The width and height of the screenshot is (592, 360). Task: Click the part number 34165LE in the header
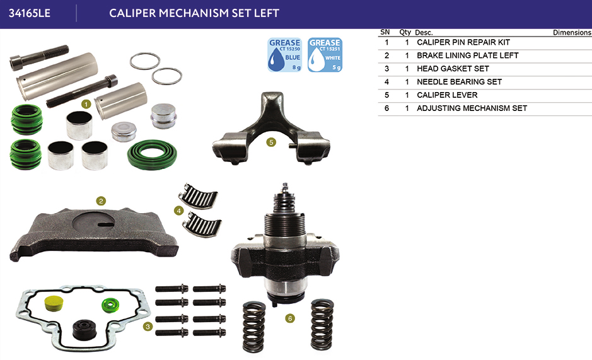tap(30, 13)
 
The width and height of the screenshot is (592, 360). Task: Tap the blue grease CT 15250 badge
tap(285, 55)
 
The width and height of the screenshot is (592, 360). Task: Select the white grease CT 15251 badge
tap(325, 55)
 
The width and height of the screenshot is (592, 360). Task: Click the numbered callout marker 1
tap(86, 104)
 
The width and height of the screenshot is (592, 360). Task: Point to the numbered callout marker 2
tap(101, 201)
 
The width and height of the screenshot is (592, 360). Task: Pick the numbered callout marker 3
tap(148, 327)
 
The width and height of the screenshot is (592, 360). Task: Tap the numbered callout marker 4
tap(179, 211)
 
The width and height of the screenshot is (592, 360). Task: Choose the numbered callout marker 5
tap(271, 142)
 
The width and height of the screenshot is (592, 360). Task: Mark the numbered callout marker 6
tap(290, 318)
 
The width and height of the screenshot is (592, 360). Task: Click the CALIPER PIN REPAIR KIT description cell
tap(463, 42)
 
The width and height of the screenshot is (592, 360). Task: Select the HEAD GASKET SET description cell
tap(453, 69)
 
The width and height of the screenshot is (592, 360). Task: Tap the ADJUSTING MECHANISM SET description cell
tap(472, 108)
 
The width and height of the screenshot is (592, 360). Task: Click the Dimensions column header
tap(572, 33)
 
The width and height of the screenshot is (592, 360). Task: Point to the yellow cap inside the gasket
tap(54, 304)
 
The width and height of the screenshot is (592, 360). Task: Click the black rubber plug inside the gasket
tap(84, 330)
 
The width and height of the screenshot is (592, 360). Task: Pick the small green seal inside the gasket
tap(110, 305)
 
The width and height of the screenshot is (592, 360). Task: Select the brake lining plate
tap(93, 233)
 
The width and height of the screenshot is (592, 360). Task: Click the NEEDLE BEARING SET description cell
tap(459, 82)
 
